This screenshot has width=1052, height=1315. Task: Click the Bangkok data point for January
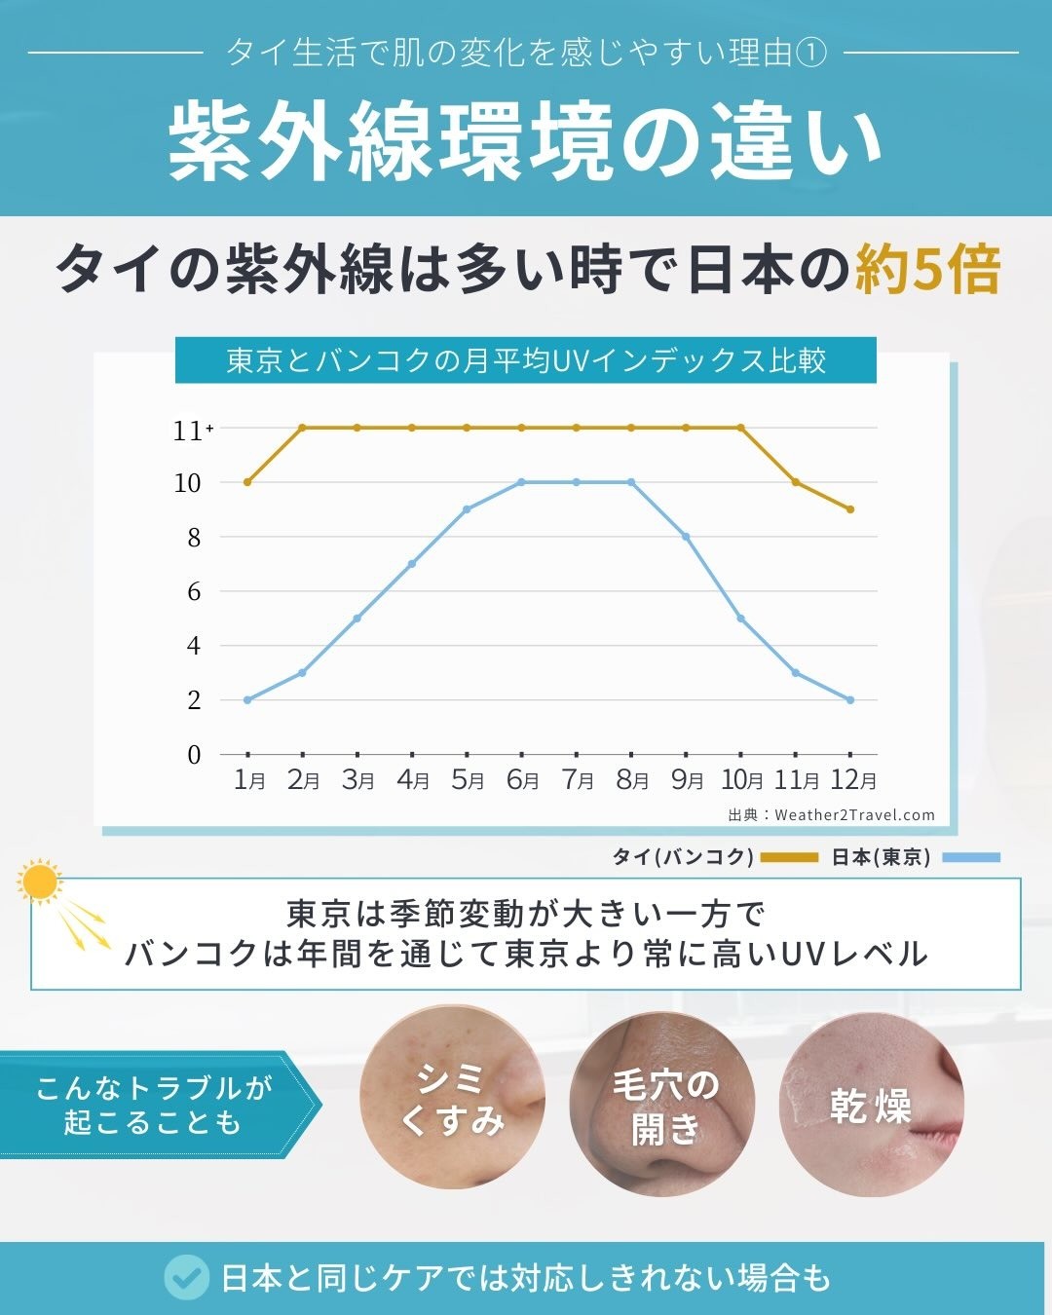pyautogui.click(x=247, y=482)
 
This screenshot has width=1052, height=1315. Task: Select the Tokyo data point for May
pyautogui.click(x=467, y=509)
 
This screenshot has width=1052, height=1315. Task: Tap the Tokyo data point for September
pyautogui.click(x=686, y=537)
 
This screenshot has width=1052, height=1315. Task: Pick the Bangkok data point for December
pyautogui.click(x=850, y=509)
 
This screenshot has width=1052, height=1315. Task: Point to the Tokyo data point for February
pyautogui.click(x=303, y=673)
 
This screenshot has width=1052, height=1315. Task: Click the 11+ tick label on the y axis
pyautogui.click(x=193, y=432)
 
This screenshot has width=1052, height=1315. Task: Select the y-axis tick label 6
pyautogui.click(x=195, y=591)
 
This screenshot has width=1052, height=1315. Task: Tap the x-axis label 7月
pyautogui.click(x=577, y=780)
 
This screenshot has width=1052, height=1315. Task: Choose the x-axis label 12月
pyautogui.click(x=852, y=780)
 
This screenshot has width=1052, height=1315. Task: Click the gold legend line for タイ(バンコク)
pyautogui.click(x=789, y=857)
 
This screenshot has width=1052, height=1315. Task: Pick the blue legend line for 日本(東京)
pyautogui.click(x=971, y=857)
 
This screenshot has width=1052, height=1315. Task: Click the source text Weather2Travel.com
pyautogui.click(x=854, y=814)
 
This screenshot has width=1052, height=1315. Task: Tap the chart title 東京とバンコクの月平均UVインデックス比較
pyautogui.click(x=526, y=360)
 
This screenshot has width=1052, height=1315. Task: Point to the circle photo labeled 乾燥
pyautogui.click(x=872, y=1105)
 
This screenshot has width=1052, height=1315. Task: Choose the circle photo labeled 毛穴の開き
pyautogui.click(x=662, y=1105)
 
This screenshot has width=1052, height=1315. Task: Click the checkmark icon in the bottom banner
pyautogui.click(x=187, y=1277)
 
